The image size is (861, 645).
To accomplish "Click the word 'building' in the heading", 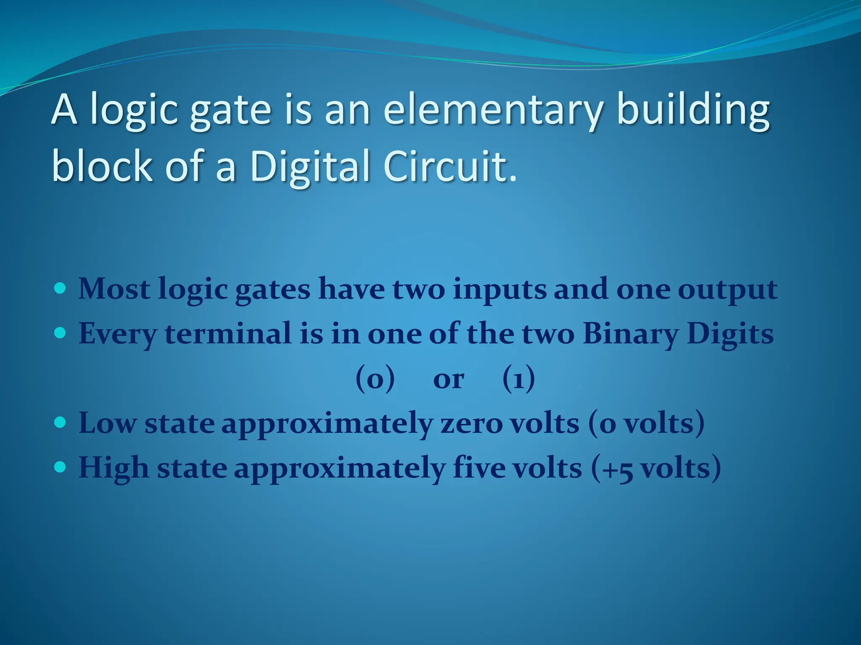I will pos(693,110).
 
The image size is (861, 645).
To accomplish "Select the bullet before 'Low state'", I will pos(61,422).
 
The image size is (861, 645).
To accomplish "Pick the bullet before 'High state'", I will pos(61,467).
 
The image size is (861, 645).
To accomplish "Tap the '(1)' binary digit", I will pos(518,379).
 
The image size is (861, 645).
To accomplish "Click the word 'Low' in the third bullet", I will pos(107,423).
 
